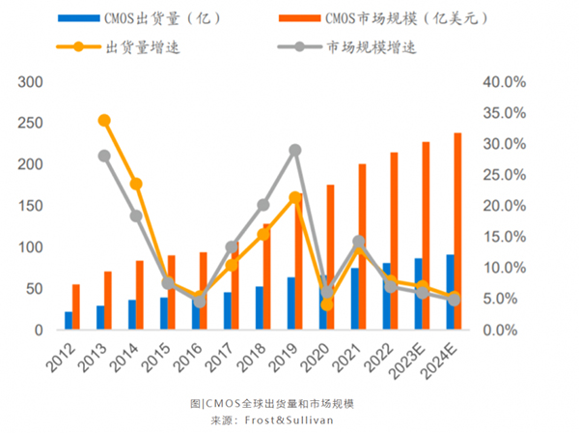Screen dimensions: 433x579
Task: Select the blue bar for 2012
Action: point(69,321)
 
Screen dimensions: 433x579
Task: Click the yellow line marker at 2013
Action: point(104,121)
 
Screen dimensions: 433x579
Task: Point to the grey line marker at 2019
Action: point(295,151)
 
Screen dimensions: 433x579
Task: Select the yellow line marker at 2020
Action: point(327,304)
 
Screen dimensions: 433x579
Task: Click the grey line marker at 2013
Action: point(104,156)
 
